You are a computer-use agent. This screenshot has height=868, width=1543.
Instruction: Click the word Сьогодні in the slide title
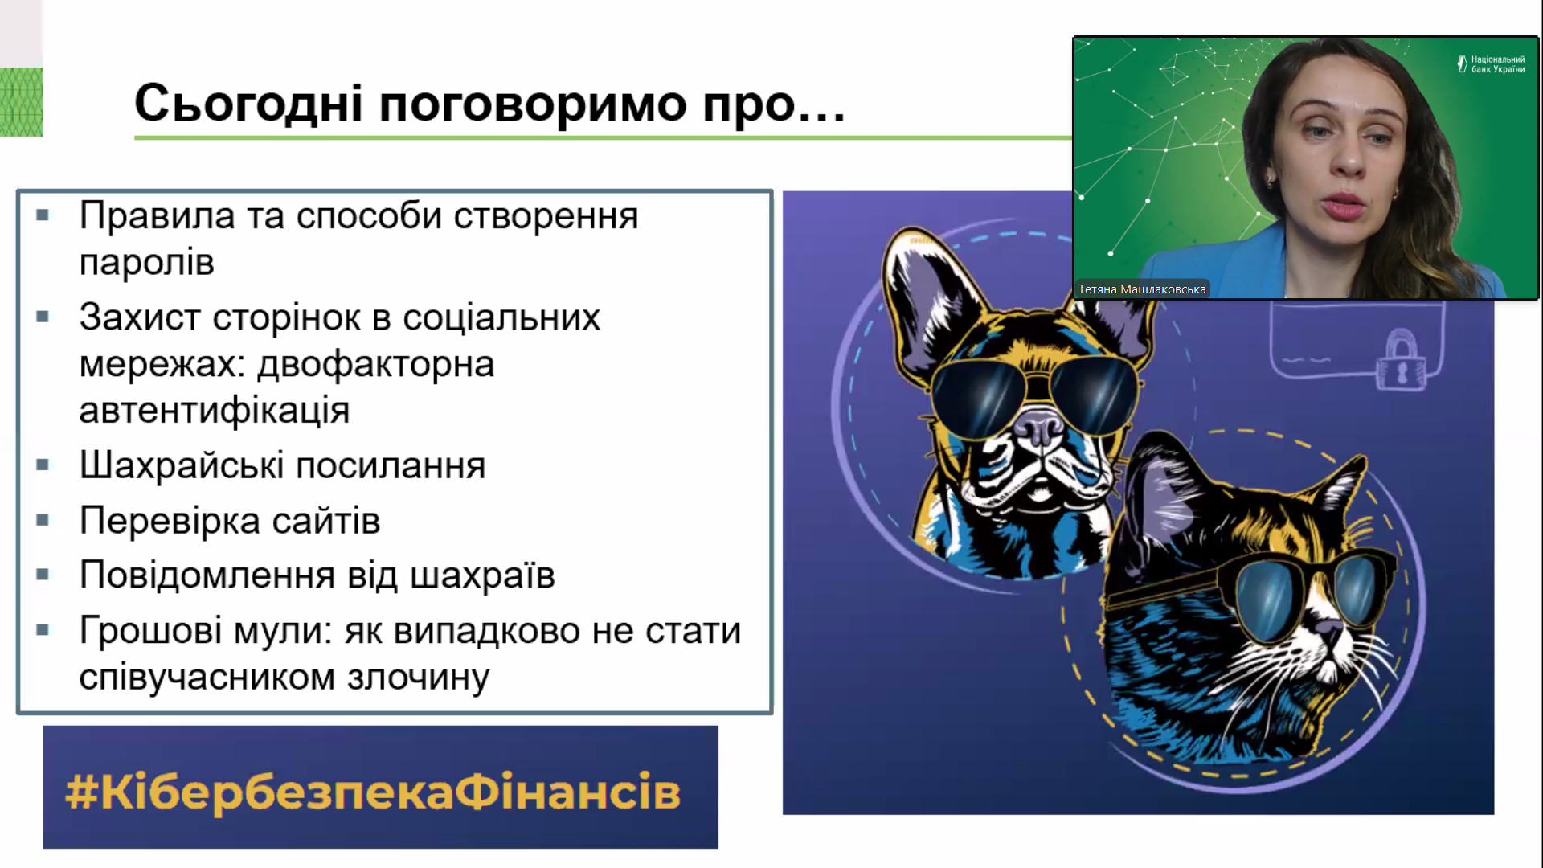[248, 104]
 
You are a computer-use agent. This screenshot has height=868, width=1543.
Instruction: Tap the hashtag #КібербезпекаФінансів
[373, 792]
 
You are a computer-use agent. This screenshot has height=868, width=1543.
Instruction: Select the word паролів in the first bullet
[147, 263]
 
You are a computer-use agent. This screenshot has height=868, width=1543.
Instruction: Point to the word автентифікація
[215, 411]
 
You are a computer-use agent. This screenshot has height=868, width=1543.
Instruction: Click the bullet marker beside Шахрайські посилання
[43, 465]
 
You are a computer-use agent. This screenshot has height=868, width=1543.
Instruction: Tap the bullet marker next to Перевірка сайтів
[43, 520]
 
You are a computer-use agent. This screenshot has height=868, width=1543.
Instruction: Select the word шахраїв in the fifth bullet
[482, 575]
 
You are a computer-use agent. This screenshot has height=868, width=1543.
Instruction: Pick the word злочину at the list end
[418, 678]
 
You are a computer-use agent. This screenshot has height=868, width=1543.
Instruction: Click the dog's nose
[1040, 425]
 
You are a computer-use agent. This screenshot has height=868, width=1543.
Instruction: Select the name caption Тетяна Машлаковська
[1142, 289]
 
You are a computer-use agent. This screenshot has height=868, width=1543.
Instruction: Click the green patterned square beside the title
[21, 102]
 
